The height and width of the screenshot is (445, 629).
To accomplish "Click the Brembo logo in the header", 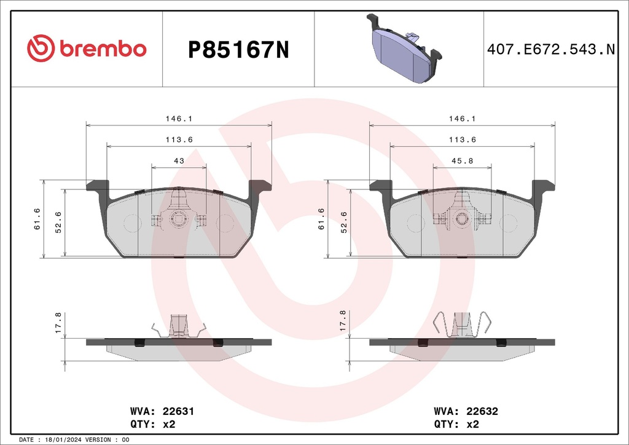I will [x=87, y=49].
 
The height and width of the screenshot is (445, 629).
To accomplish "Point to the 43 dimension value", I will [x=179, y=160].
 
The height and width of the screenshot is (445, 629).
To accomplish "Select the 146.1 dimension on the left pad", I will [x=179, y=119].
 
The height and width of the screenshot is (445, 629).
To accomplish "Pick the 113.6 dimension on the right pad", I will [x=463, y=140].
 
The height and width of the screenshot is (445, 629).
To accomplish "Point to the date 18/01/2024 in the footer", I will [x=64, y=440].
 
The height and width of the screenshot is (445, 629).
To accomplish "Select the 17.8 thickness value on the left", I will [x=58, y=323].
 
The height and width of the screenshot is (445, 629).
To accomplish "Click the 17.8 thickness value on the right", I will [x=342, y=323].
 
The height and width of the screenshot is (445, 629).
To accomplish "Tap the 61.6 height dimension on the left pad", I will [x=37, y=219].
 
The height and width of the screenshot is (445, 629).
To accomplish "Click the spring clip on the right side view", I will [x=463, y=325].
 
